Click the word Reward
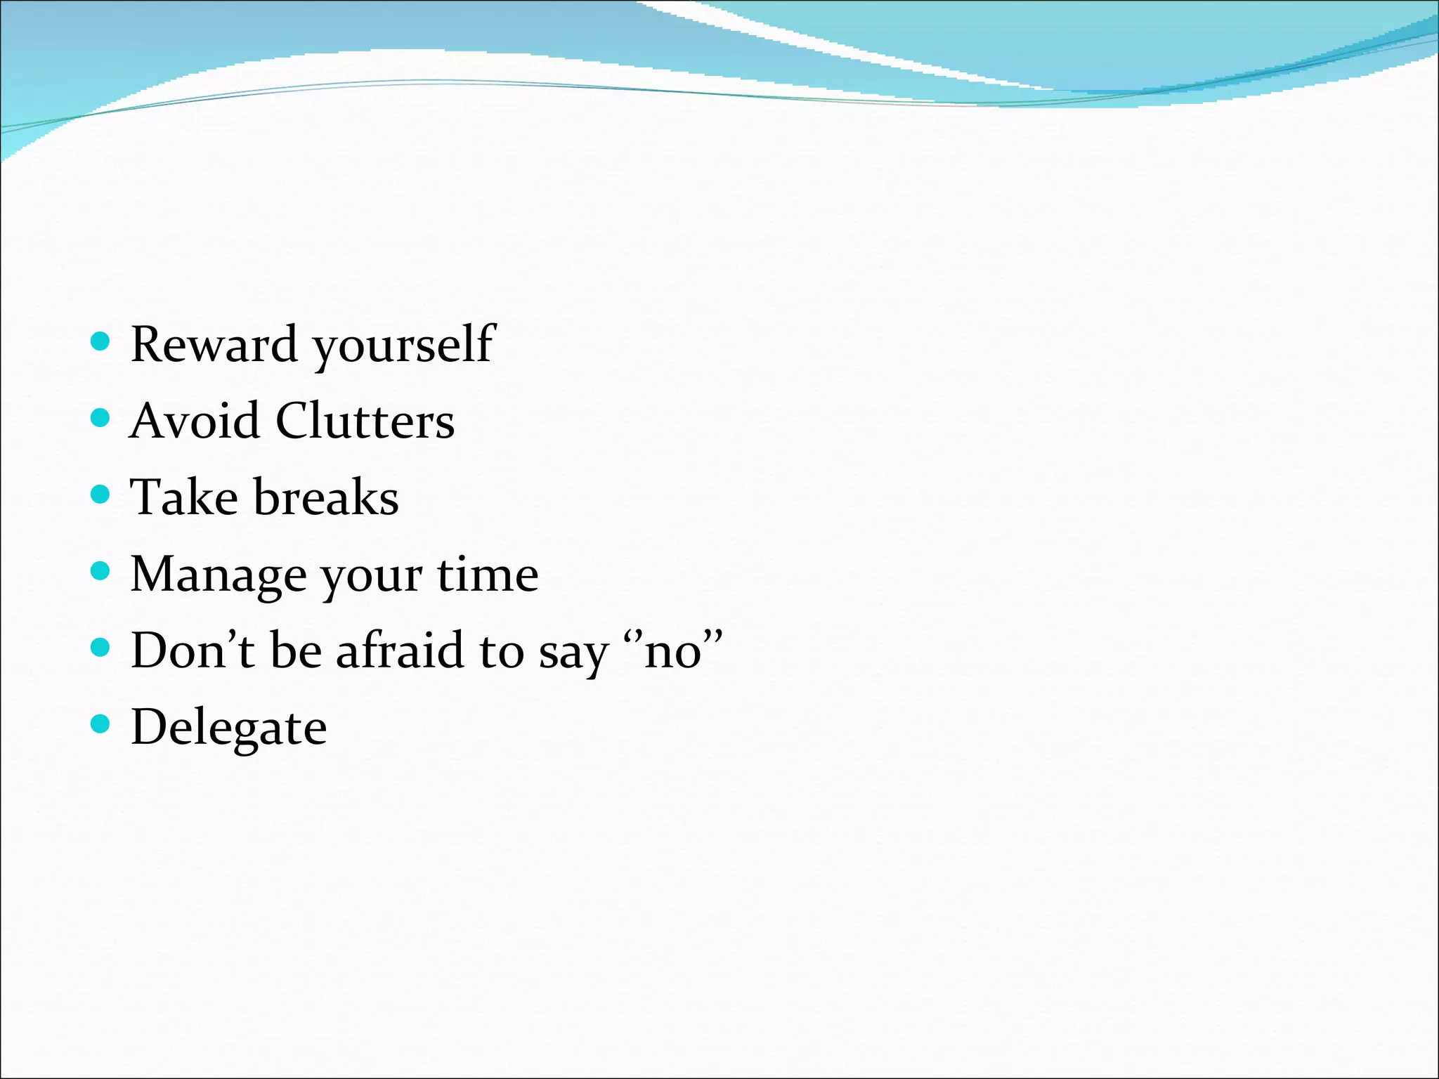[214, 345]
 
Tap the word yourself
[404, 345]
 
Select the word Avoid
[194, 421]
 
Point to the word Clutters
[365, 421]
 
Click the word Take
[184, 497]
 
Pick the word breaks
[326, 497]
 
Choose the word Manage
[219, 575]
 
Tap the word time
[488, 575]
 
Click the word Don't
[193, 650]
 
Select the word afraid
[400, 650]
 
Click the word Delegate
[228, 728]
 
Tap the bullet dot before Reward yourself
[101, 341]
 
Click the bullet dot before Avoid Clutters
[101, 418]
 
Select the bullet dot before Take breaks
[101, 495]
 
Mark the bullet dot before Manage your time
[101, 570]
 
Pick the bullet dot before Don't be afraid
[101, 647]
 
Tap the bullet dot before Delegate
[101, 724]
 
